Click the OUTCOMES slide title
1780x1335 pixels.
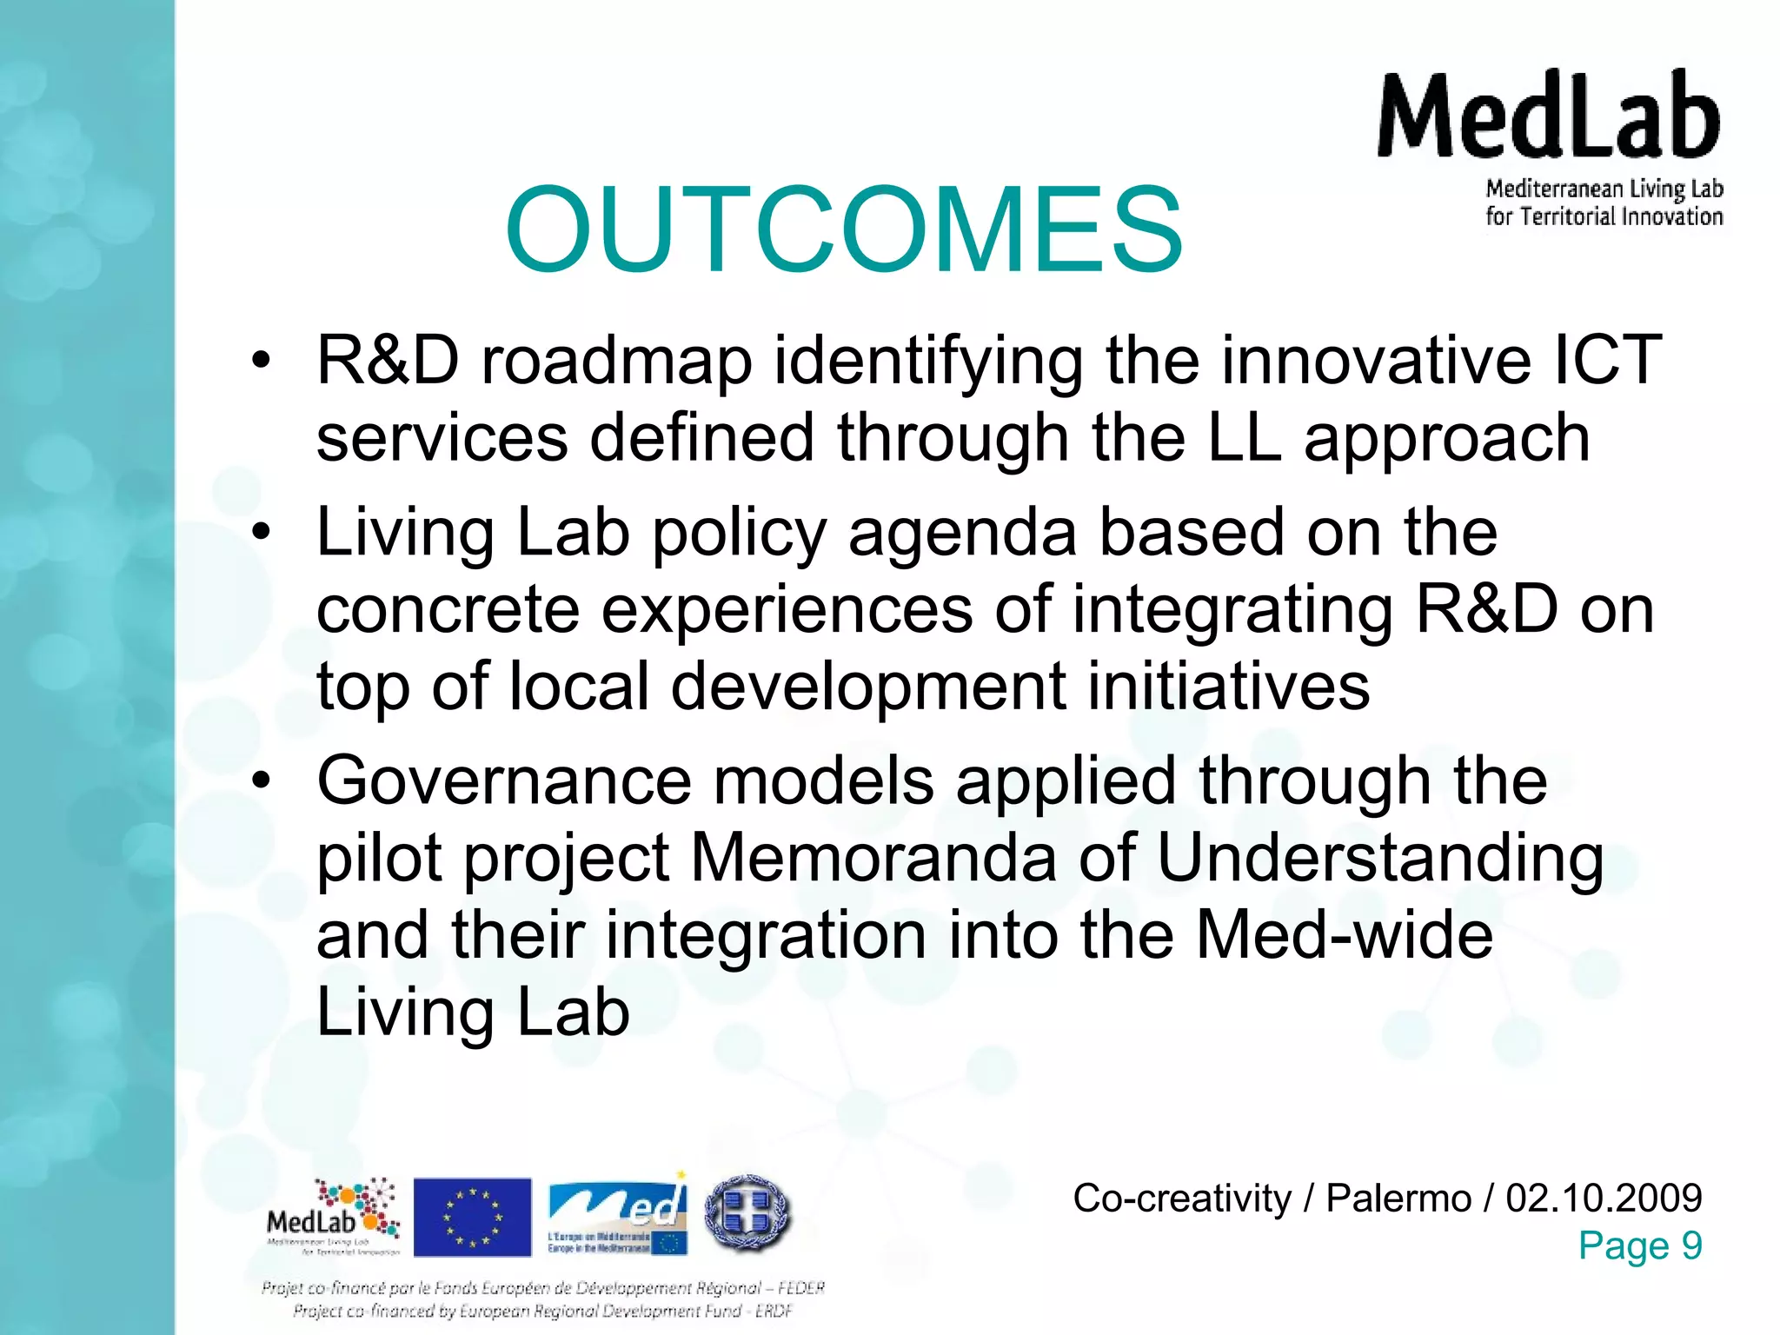(x=843, y=230)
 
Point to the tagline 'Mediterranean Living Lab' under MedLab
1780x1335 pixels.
(x=1604, y=189)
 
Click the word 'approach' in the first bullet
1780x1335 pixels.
(x=1446, y=439)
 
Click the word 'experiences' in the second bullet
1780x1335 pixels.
(x=787, y=610)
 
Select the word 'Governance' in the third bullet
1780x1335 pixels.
(x=504, y=780)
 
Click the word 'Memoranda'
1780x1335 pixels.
(x=873, y=859)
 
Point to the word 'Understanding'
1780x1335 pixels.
(x=1379, y=859)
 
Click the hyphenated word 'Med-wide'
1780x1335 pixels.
(x=1344, y=935)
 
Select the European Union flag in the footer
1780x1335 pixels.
(x=472, y=1217)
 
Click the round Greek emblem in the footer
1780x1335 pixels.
(x=747, y=1213)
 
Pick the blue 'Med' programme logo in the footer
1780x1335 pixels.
(x=617, y=1215)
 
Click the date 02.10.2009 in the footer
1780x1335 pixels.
(x=1604, y=1199)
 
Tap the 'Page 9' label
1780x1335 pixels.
(x=1639, y=1245)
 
